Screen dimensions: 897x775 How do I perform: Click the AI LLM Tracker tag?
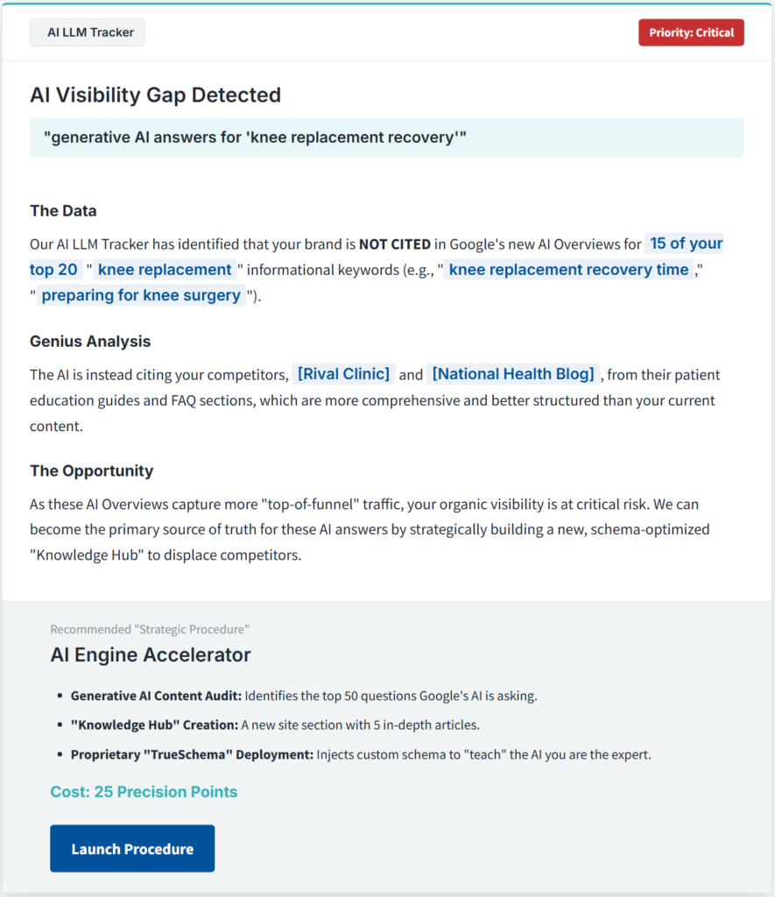pos(87,32)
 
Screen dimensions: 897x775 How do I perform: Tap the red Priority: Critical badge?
pos(691,32)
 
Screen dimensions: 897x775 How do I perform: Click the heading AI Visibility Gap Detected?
pos(155,95)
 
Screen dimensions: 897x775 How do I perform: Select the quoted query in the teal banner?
pos(255,138)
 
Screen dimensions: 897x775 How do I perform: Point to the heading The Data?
pos(63,210)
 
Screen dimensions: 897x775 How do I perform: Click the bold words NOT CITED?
pos(394,244)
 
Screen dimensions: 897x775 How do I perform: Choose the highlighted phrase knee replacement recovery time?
pos(568,270)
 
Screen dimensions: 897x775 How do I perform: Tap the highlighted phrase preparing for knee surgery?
pos(141,295)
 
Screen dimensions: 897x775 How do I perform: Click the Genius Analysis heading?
pos(90,341)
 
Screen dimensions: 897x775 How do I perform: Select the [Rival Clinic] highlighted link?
pos(343,374)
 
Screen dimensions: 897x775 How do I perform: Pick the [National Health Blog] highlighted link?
pos(513,374)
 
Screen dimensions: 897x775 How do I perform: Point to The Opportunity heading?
pos(91,470)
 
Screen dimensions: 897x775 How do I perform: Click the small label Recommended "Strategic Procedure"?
pos(150,629)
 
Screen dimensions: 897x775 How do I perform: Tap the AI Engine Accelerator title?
pos(150,654)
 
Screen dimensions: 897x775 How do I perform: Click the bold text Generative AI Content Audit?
pos(156,696)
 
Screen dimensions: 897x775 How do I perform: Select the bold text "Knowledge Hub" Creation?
pos(154,725)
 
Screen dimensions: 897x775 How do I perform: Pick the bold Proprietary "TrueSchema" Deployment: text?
pos(192,754)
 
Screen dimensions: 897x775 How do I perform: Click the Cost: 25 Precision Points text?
pos(144,792)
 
